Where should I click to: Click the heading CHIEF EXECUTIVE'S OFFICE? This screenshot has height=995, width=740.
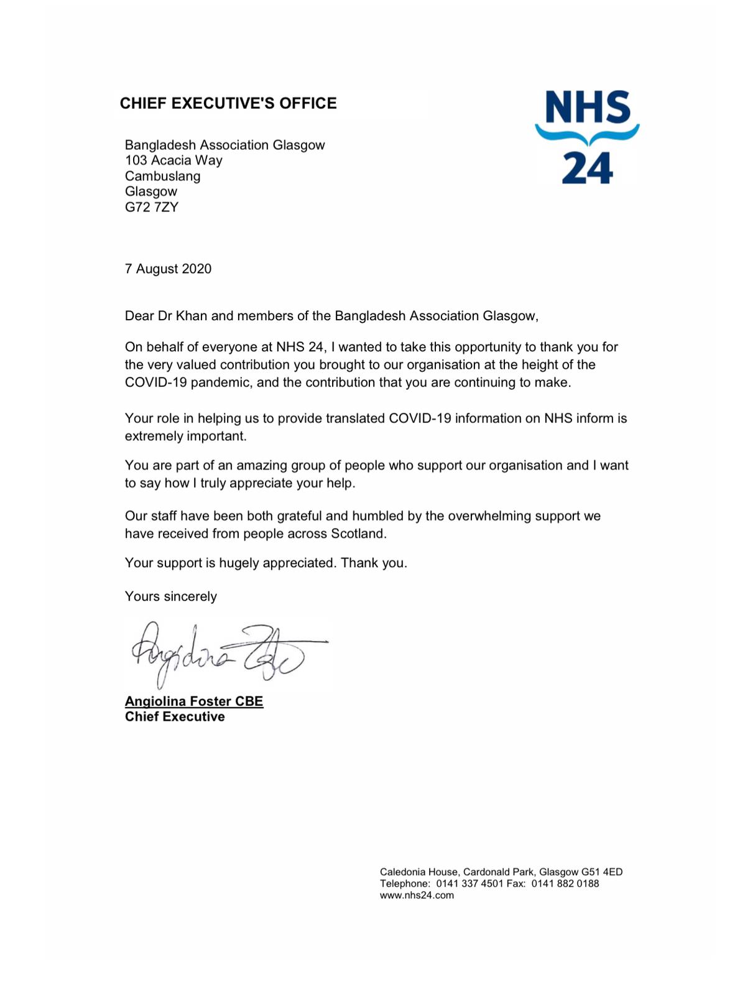[x=228, y=103]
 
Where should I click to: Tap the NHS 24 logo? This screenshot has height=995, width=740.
[x=587, y=137]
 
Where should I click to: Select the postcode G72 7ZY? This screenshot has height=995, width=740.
[x=151, y=207]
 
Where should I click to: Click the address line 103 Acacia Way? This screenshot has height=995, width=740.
[x=173, y=160]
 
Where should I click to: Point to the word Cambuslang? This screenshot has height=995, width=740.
[x=162, y=176]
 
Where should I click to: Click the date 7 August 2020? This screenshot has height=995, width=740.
[x=168, y=269]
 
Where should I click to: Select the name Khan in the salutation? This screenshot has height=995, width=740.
[x=192, y=316]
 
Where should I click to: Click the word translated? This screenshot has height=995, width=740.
[x=350, y=419]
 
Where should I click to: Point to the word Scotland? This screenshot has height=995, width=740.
[x=358, y=534]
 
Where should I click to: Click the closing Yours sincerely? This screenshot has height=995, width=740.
[x=170, y=596]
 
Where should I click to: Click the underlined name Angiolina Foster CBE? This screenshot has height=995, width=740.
[x=194, y=701]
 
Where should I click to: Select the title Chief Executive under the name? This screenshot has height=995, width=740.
[x=175, y=717]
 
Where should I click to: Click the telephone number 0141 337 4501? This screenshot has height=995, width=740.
[x=469, y=884]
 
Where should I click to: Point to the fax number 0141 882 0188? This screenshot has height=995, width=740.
[x=565, y=884]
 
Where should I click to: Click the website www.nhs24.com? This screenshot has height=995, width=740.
[x=417, y=895]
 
